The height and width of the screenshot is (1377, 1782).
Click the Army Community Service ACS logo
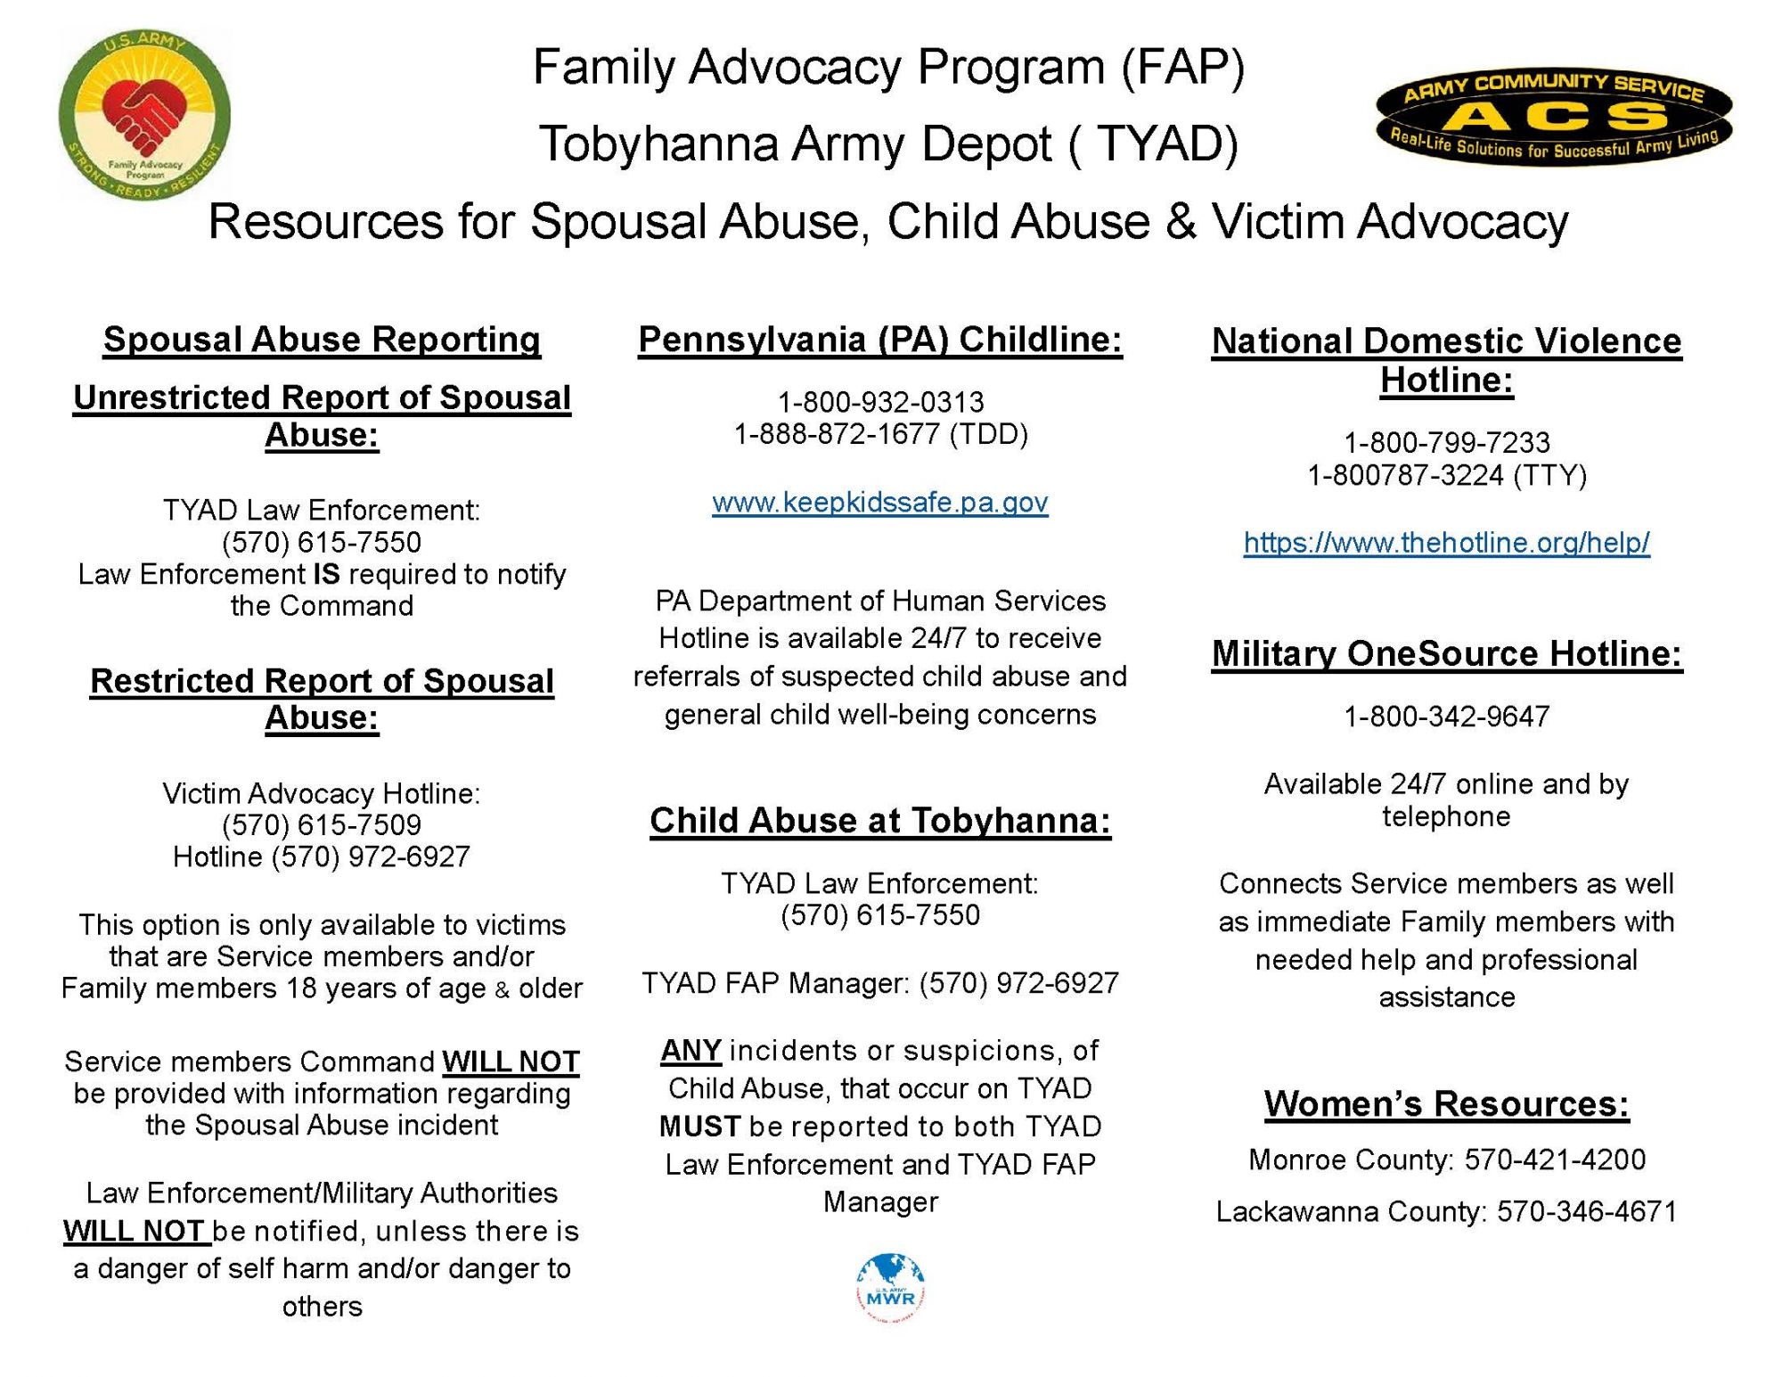click(1554, 116)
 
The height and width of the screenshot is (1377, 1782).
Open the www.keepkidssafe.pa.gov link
click(879, 503)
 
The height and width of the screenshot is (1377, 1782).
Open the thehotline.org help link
click(1446, 542)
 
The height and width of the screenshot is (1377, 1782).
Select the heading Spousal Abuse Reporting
click(322, 340)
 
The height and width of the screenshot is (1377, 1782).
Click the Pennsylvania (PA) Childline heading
click(879, 340)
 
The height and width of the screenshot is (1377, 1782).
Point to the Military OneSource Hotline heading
click(1446, 653)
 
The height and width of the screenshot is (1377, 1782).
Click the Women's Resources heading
click(1446, 1103)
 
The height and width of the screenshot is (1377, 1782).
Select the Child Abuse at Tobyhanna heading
click(879, 820)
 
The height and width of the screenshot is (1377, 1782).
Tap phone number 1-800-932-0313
click(879, 402)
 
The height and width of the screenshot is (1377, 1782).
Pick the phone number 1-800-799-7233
click(1446, 442)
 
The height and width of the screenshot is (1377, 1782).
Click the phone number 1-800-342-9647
click(1446, 716)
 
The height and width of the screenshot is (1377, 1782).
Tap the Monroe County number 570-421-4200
click(1555, 1159)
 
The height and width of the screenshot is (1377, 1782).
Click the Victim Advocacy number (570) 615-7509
click(322, 824)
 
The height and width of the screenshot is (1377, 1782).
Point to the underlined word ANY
click(691, 1051)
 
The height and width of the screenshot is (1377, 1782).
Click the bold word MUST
click(699, 1127)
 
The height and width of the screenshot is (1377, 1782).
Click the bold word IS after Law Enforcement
click(327, 574)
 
